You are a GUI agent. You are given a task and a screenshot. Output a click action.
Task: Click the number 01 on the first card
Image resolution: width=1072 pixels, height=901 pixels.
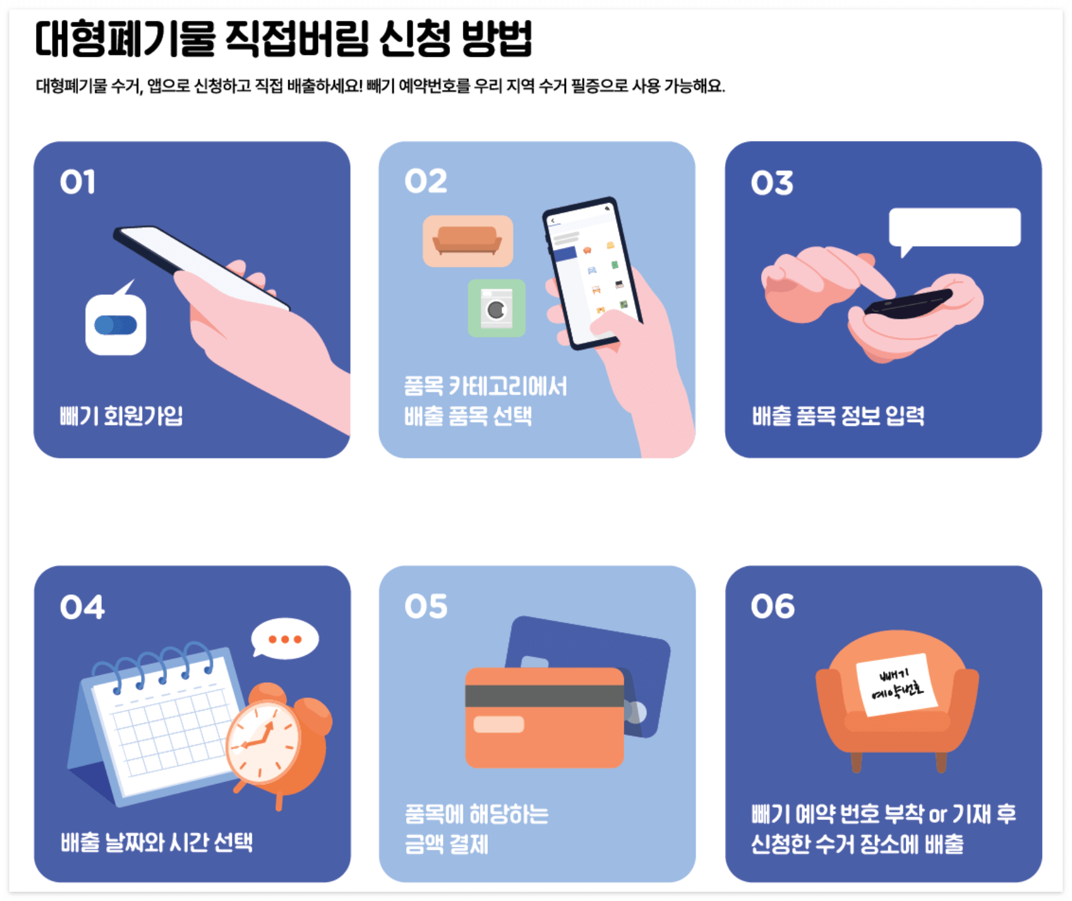coord(77,182)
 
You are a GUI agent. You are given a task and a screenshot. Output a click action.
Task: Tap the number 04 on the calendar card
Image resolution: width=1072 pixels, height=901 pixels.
coord(82,607)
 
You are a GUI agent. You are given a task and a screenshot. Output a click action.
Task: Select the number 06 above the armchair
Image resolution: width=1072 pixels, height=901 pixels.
coord(772,607)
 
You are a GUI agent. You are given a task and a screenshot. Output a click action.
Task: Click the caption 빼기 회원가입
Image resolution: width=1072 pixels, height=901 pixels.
coord(121,416)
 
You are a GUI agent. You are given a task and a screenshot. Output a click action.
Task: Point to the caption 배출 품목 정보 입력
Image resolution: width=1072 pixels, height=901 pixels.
coord(838,416)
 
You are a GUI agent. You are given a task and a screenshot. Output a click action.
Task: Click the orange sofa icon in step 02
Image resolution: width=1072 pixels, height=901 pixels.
coord(467,241)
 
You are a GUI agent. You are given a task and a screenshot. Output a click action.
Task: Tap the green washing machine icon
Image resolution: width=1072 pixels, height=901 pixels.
coord(496,308)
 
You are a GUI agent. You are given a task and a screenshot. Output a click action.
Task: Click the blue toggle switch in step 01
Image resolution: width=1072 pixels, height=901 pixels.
coord(116,325)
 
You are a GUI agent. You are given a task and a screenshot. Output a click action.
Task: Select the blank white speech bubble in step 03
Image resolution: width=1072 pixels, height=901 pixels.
coord(954,227)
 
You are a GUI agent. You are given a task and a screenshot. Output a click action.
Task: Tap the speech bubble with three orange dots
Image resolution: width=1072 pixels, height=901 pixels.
coord(285,639)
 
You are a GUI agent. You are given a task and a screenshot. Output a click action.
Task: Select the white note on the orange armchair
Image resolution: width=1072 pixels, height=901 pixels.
coord(896,684)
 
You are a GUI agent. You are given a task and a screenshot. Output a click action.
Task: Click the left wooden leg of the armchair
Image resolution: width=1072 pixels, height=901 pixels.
coord(856,762)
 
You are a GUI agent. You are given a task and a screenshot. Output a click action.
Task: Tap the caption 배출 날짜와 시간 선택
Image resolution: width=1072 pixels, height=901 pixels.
coord(156,842)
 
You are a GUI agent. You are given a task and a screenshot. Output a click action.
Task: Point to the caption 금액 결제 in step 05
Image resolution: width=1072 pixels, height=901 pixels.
coord(446,844)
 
